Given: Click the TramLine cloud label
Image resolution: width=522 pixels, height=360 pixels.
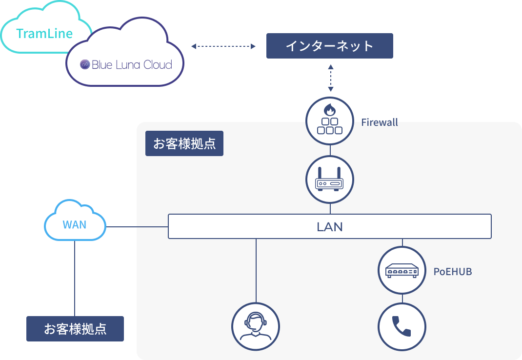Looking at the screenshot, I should tap(44, 34).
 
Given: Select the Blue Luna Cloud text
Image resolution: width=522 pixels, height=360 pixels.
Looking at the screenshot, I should tap(132, 64).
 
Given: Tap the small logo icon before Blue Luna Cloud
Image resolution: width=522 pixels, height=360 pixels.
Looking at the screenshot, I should tap(85, 64).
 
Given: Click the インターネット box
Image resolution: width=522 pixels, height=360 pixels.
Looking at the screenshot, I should tap(329, 46).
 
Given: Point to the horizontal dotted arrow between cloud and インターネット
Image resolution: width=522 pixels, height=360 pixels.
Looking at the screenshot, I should tap(223, 46).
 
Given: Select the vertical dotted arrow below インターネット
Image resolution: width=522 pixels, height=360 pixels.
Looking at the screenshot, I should tap(331, 78).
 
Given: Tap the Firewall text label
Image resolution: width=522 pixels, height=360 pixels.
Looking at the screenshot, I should tap(380, 122).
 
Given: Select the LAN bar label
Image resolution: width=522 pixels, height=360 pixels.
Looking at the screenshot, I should tap(329, 227).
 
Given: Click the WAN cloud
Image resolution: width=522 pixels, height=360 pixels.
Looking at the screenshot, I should tap(75, 224).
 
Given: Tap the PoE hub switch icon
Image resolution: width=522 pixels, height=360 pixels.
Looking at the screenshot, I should tap(402, 270).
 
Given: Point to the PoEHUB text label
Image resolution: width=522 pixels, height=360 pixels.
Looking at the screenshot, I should tap(453, 272).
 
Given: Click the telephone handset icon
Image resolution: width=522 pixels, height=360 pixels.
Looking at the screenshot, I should tap(402, 326).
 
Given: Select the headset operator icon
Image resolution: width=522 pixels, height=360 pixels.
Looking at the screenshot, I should tap(256, 326).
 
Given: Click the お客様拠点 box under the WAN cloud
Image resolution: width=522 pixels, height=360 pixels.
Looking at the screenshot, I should tap(75, 329).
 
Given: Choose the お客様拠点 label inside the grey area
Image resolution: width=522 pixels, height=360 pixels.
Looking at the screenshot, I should tap(184, 144).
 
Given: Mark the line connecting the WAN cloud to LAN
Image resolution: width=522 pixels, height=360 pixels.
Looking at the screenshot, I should tap(137, 227).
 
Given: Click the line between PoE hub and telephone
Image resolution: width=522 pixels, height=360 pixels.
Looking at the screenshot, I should tap(402, 298).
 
